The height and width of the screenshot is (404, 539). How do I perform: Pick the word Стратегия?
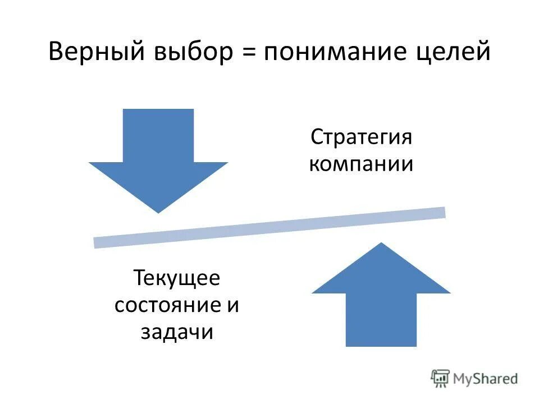[x=362, y=137]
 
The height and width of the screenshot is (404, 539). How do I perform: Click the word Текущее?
[x=176, y=278]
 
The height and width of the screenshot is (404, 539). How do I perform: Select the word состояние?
[x=166, y=305]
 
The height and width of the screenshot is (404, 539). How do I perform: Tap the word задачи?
[x=176, y=332]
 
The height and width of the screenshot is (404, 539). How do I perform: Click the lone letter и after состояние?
[x=234, y=305]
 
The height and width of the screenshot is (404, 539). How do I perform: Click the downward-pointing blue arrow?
[x=158, y=163]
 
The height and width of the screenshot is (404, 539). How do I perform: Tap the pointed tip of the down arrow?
[x=158, y=210]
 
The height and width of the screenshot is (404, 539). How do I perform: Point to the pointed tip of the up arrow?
[x=381, y=245]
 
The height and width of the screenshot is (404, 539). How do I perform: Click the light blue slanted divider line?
[x=269, y=227]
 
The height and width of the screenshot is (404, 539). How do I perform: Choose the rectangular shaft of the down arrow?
[x=158, y=135]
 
